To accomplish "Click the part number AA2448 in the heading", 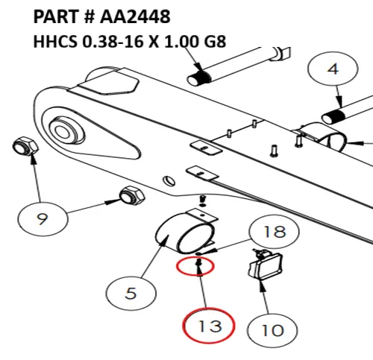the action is [x=135, y=16].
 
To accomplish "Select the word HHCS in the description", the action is [x=55, y=41].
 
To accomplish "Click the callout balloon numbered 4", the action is [x=333, y=69].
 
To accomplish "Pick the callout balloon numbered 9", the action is [x=43, y=219].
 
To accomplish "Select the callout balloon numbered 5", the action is [x=131, y=293].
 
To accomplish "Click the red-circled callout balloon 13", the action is [x=209, y=326].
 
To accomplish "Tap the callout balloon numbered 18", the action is [x=274, y=232].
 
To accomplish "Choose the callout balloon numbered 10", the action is [x=272, y=330].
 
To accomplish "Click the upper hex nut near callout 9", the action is [x=25, y=146].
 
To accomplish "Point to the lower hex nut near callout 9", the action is [x=132, y=195].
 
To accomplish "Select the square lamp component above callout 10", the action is [x=266, y=265].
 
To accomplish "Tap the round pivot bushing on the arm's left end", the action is [x=66, y=131].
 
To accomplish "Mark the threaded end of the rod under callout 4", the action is [x=333, y=116].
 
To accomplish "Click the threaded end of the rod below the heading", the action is [x=199, y=78].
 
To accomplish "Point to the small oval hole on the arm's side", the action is [x=169, y=180].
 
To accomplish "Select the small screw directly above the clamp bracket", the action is [x=203, y=200].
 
